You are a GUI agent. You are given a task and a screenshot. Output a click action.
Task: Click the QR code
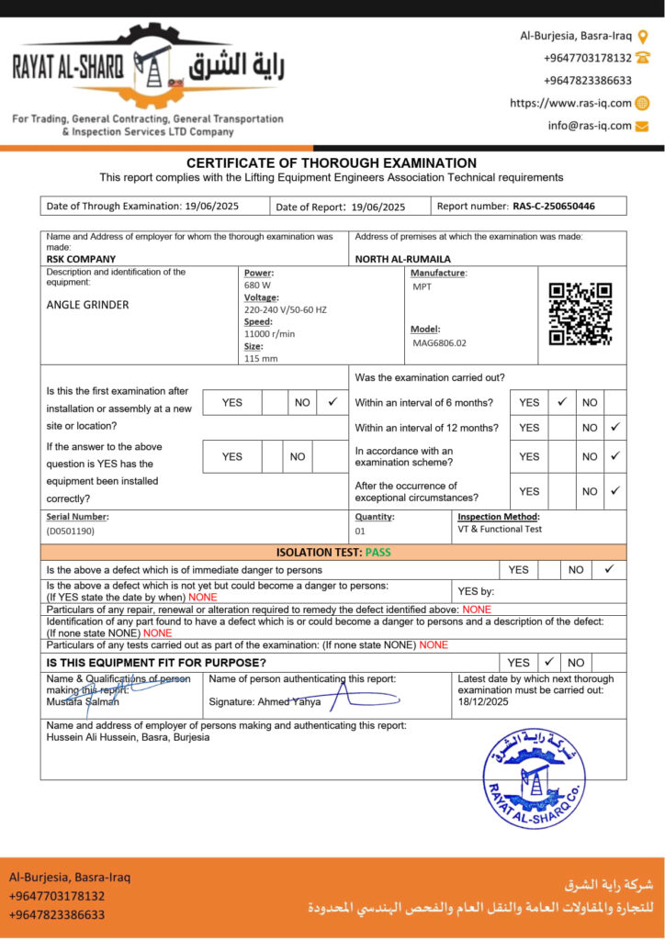pos(580,314)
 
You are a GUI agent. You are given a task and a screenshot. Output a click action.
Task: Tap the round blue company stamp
pos(534,778)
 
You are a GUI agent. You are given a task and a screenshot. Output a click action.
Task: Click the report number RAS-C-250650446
pos(554,207)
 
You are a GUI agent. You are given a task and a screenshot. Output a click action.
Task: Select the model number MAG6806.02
pos(440,343)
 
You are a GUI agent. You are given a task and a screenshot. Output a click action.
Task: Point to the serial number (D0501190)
pos(71,531)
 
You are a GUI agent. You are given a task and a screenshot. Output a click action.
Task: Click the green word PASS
pos(377,553)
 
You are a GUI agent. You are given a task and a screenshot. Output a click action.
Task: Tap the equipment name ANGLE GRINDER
pos(87,305)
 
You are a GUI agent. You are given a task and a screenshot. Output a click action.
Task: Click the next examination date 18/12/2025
pos(483,701)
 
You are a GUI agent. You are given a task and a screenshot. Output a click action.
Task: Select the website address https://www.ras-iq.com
pos(570,104)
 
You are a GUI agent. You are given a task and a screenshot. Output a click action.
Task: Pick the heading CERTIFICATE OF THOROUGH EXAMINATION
pos(332,163)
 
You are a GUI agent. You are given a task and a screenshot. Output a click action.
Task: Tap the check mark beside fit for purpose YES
pos(548,661)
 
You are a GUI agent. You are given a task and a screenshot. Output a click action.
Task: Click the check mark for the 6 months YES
pos(561,401)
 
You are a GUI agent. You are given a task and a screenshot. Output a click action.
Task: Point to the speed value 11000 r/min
pos(269,334)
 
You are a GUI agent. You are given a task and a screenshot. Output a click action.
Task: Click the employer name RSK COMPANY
pos(81,259)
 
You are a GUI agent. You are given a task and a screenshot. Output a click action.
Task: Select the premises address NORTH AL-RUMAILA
pos(402,259)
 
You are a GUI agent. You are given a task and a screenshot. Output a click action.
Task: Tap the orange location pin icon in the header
pos(643,37)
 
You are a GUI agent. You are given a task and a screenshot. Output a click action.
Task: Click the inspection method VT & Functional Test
pos(500,529)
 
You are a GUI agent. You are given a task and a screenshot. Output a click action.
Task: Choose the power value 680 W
pos(257,285)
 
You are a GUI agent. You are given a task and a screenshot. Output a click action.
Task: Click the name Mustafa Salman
pos(83,702)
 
